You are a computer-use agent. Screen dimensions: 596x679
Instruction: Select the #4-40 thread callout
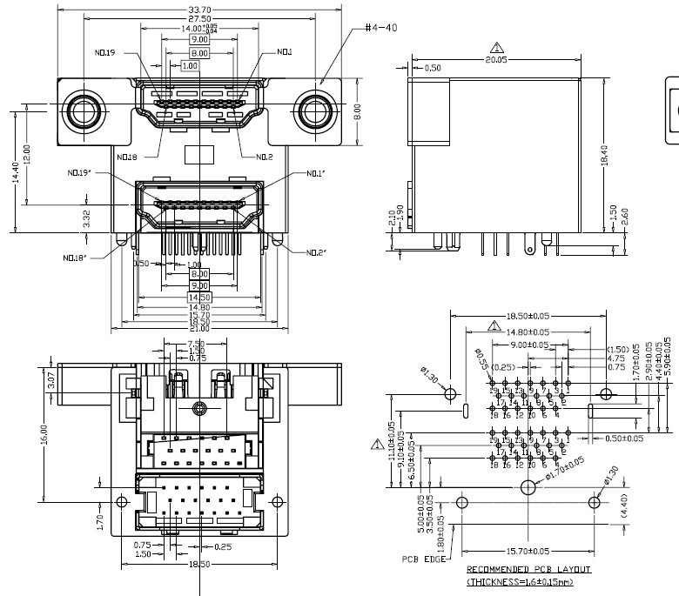(x=381, y=28)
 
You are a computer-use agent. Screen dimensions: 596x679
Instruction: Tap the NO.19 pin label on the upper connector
(x=104, y=52)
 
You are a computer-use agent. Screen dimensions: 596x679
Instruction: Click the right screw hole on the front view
(x=313, y=111)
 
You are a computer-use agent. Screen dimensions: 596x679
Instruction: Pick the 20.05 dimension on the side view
(x=497, y=60)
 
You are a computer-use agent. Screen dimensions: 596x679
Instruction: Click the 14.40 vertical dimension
(x=15, y=171)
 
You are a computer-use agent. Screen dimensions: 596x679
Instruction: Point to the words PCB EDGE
(x=423, y=559)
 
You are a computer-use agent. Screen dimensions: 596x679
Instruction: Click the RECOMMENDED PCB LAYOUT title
(x=528, y=569)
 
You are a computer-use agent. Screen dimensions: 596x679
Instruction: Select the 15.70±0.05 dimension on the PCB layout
(x=528, y=551)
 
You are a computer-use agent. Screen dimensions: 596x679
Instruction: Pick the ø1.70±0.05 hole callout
(x=566, y=469)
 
